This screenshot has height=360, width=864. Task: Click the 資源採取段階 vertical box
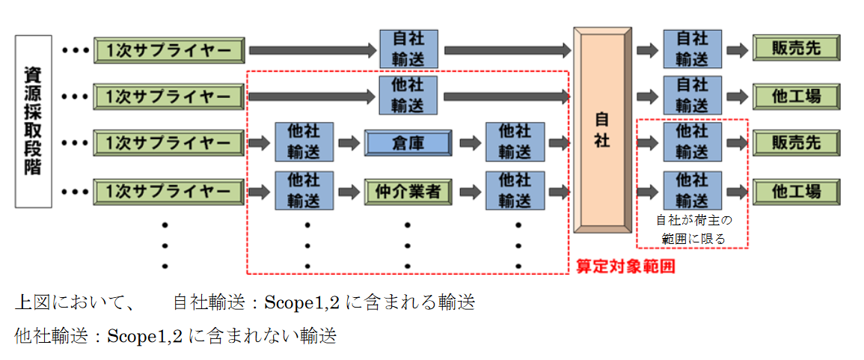pyautogui.click(x=33, y=121)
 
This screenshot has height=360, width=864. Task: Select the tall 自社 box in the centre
pyautogui.click(x=602, y=130)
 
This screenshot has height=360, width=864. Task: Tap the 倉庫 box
pyautogui.click(x=408, y=143)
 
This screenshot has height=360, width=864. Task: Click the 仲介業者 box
pyautogui.click(x=408, y=192)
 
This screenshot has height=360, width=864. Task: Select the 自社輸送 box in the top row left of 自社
pyautogui.click(x=408, y=49)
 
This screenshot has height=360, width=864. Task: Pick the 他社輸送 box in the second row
pyautogui.click(x=408, y=95)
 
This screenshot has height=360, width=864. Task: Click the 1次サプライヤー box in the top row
pyautogui.click(x=169, y=50)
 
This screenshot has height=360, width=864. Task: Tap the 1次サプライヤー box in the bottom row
pyautogui.click(x=169, y=192)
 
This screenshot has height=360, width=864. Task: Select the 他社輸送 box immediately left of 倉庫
pyautogui.click(x=304, y=142)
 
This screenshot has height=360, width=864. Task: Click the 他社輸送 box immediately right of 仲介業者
pyautogui.click(x=514, y=192)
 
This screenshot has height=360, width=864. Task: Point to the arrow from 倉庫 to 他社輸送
pyautogui.click(x=470, y=143)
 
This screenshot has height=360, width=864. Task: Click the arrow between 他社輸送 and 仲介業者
pyautogui.click(x=349, y=192)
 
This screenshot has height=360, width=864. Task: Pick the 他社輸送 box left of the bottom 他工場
pyautogui.click(x=693, y=192)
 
